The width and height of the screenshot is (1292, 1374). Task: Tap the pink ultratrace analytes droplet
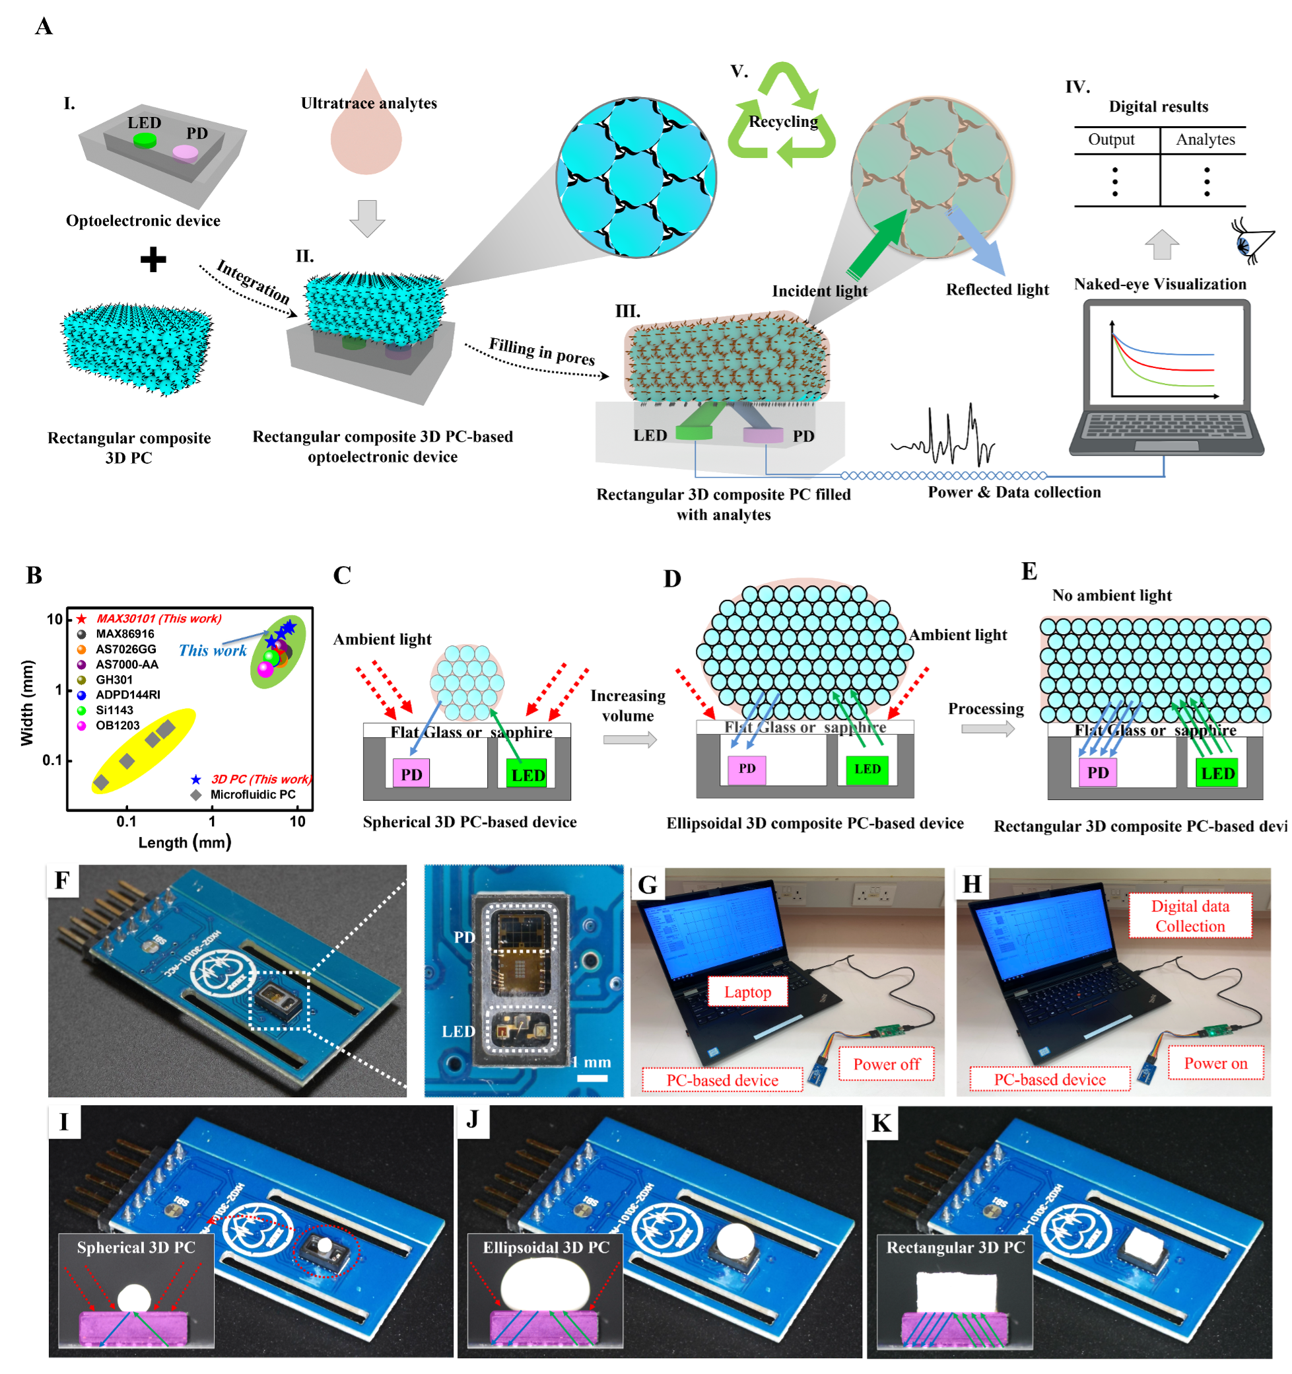(x=366, y=131)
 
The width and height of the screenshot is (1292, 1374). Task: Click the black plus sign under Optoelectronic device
(x=153, y=260)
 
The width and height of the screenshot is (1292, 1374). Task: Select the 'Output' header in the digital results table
(x=1111, y=139)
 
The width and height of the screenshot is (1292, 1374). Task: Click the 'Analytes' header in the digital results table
(x=1205, y=139)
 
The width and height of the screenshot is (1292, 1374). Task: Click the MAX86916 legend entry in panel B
(x=124, y=633)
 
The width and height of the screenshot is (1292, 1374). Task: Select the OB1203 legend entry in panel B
(x=118, y=725)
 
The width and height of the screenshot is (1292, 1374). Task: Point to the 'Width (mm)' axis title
(x=27, y=702)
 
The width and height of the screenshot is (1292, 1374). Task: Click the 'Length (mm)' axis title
(x=184, y=842)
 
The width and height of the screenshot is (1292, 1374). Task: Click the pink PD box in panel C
(x=411, y=774)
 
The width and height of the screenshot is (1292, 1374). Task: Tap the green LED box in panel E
(x=1217, y=773)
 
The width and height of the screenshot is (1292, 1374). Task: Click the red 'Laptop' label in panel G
(x=747, y=992)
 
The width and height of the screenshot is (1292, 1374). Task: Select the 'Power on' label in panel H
(x=1215, y=1063)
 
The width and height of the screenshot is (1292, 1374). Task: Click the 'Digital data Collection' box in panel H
(x=1190, y=916)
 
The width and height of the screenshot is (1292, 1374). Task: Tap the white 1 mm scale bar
(x=592, y=1077)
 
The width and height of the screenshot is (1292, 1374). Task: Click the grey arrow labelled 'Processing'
(x=987, y=729)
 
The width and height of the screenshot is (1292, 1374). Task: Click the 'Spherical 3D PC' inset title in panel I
(x=136, y=1248)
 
